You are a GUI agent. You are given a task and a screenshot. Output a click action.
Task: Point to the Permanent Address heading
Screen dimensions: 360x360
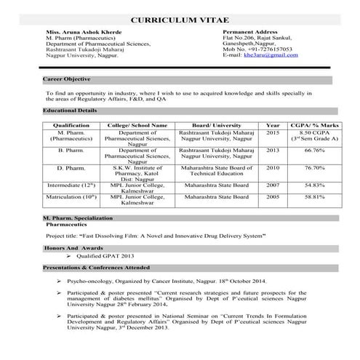(x=249, y=33)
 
